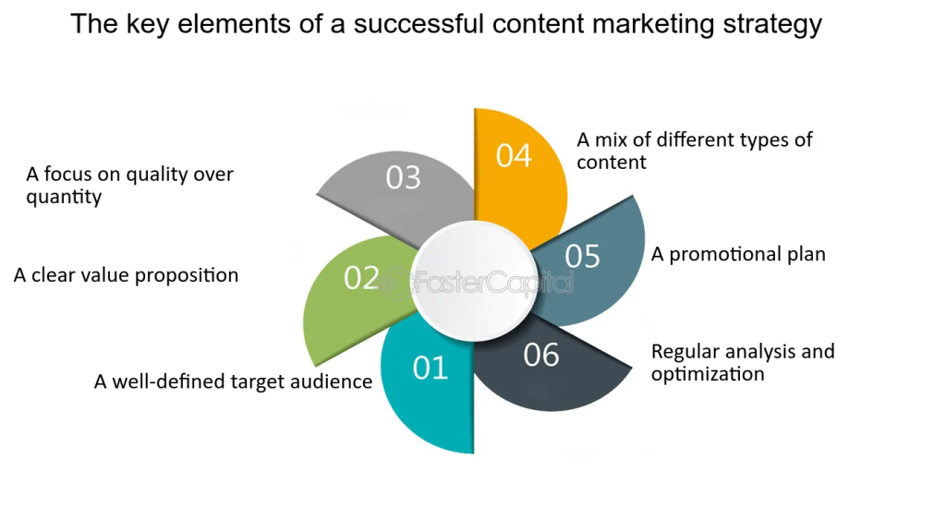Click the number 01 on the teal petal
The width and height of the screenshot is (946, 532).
(431, 368)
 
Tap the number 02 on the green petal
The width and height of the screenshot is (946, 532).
(361, 277)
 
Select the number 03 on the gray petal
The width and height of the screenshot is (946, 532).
(403, 177)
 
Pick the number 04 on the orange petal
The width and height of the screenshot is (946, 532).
(514, 155)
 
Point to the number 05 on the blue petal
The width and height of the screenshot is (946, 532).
(583, 256)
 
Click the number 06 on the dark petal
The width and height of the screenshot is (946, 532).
(541, 354)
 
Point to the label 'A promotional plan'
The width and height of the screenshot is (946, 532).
(738, 254)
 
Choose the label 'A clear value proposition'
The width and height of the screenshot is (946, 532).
(126, 275)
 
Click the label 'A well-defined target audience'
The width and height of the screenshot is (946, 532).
(233, 381)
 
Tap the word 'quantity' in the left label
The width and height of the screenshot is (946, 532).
(64, 197)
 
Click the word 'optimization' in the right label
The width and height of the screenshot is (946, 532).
(708, 374)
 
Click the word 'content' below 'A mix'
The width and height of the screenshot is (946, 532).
(612, 163)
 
